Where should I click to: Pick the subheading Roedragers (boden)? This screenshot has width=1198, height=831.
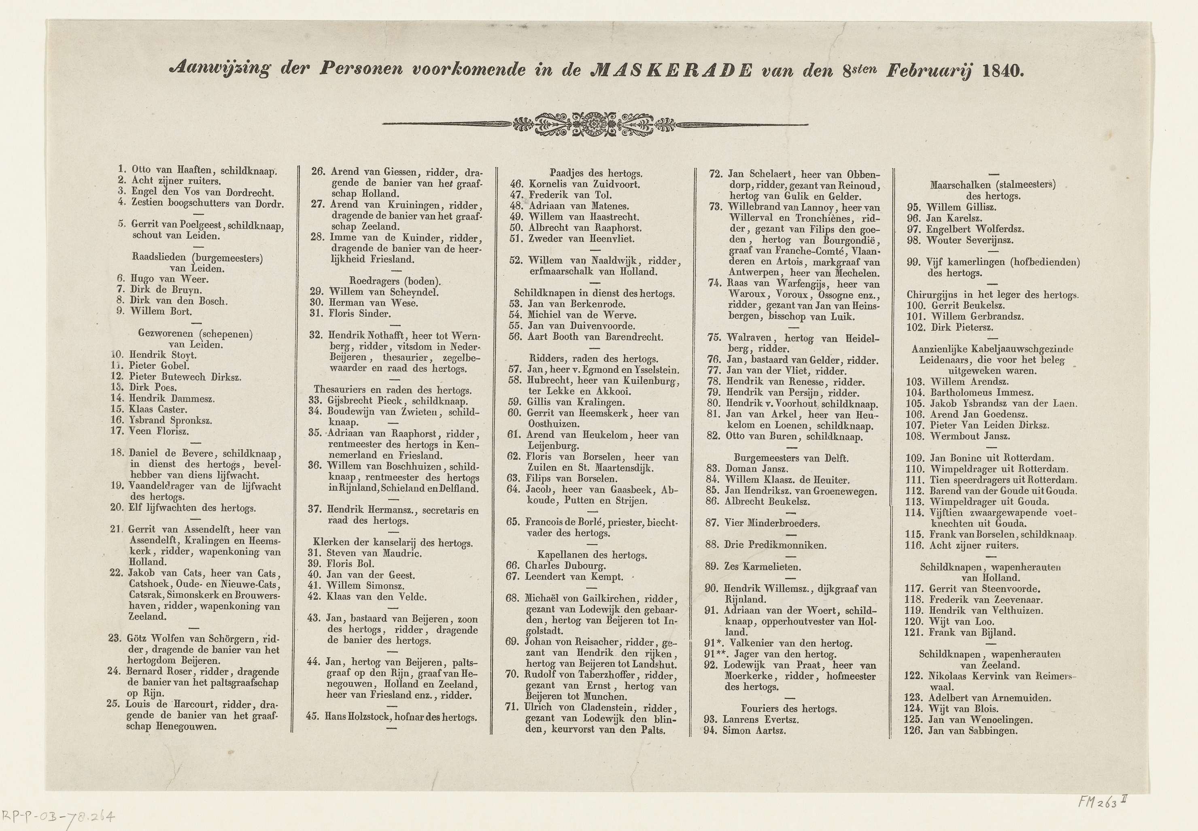click(x=395, y=281)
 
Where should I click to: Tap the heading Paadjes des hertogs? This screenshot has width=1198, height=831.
click(x=596, y=173)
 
